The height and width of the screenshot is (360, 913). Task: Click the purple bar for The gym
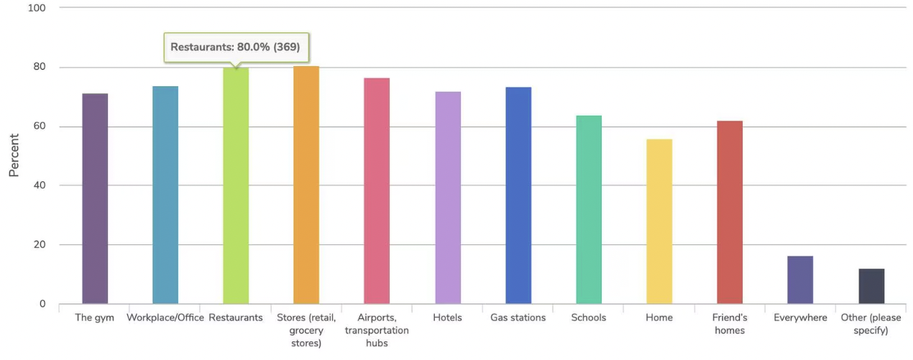coord(95,198)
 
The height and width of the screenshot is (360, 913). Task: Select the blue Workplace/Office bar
coord(165,195)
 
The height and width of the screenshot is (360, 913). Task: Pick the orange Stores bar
coord(306,185)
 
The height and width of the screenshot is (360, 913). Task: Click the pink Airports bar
coord(377,190)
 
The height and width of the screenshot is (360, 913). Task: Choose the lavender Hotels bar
coord(448,198)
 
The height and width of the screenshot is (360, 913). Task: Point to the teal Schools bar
coord(589,209)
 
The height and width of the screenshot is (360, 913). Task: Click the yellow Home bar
coord(659,221)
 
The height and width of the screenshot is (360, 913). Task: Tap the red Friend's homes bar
coord(730,212)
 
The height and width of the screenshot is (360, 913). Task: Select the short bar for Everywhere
coord(800,280)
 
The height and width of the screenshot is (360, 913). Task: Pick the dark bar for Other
coord(871,286)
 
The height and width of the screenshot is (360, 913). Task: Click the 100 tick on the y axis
coord(37,8)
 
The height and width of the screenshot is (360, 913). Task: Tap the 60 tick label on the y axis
coord(40,126)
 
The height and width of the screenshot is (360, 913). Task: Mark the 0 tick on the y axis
coord(42,304)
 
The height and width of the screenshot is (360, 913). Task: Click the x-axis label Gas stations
coord(518,318)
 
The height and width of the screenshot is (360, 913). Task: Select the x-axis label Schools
coord(589,318)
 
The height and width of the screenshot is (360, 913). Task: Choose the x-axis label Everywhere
coord(800,318)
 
